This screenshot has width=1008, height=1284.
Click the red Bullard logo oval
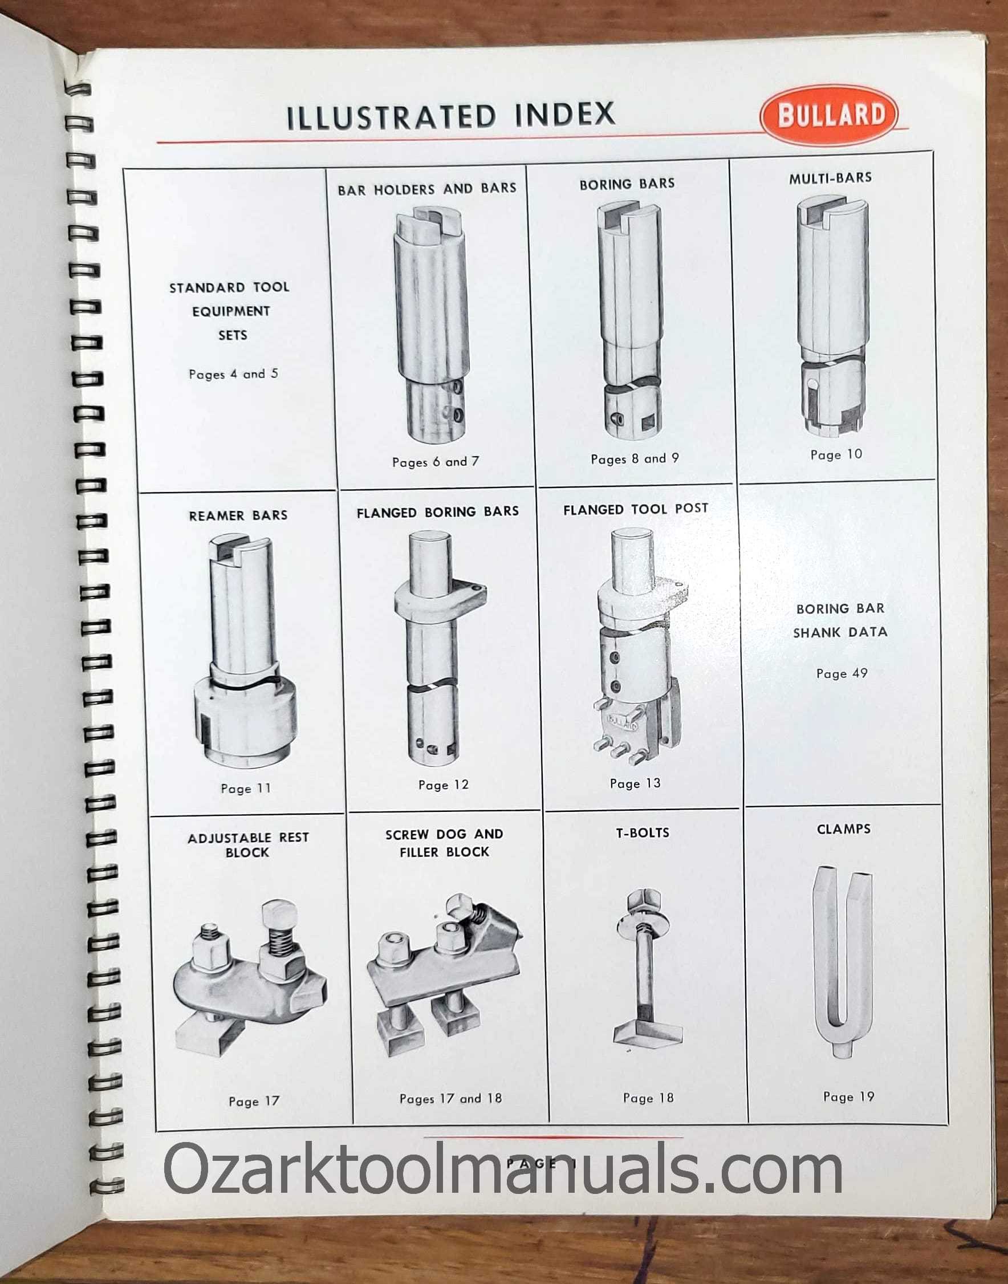point(829,115)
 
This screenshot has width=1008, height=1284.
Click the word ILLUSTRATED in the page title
point(391,116)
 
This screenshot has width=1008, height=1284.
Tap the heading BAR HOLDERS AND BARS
point(426,189)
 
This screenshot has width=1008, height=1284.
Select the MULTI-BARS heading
point(830,178)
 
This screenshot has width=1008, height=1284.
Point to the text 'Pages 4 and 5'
point(233,374)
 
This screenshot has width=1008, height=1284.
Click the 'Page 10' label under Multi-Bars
point(836,454)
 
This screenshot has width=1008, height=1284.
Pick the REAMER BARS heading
point(238,515)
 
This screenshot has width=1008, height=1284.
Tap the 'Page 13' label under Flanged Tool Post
point(635,783)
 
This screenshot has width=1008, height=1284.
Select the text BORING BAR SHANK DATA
point(840,620)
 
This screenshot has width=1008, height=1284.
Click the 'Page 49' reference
point(842,673)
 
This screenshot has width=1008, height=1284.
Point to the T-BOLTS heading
point(643,832)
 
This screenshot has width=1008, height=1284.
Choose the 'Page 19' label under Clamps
point(849,1096)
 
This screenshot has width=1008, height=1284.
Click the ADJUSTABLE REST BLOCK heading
point(248,844)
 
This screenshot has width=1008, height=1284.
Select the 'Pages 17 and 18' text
point(450,1098)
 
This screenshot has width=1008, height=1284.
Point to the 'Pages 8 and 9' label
point(635,458)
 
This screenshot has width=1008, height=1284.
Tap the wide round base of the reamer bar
point(245,721)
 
